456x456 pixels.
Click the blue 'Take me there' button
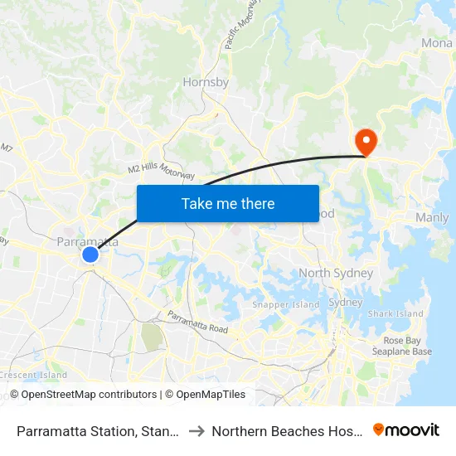[228, 203]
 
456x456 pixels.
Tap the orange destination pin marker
[365, 142]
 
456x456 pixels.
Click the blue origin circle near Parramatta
[90, 255]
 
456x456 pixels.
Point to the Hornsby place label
[206, 83]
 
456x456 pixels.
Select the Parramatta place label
[87, 242]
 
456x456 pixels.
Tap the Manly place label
[431, 218]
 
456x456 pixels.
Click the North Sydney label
[336, 273]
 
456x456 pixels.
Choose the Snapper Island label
[285, 304]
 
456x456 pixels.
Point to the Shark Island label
[395, 314]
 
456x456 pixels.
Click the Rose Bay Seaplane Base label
[407, 347]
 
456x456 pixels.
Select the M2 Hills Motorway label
[162, 167]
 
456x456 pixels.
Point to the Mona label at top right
[437, 43]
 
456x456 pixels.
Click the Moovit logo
[406, 430]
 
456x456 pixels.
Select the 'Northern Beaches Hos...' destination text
[286, 431]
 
